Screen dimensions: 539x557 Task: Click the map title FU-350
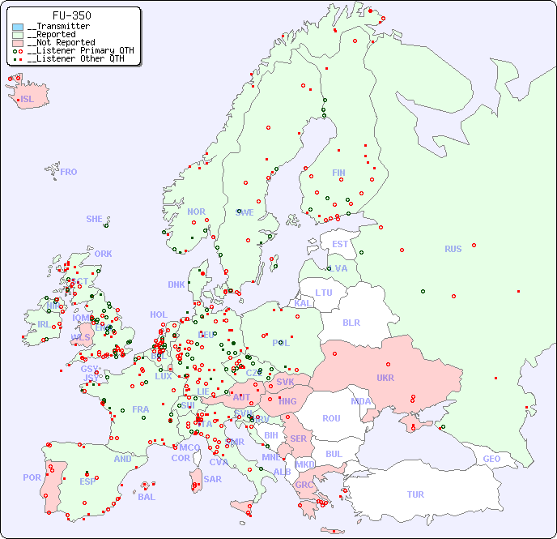71,15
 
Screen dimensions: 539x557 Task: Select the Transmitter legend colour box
18,27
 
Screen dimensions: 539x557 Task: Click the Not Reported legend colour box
18,42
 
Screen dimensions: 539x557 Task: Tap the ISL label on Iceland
28,100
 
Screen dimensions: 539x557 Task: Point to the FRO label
69,172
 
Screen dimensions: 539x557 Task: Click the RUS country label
453,249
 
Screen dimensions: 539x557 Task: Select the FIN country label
338,173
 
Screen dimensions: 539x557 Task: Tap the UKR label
385,378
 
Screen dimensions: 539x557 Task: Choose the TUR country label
415,494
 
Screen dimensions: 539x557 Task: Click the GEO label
491,459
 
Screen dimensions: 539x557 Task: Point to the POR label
32,477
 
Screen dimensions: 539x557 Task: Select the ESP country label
87,481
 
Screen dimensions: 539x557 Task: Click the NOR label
196,212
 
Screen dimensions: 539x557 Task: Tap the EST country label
340,244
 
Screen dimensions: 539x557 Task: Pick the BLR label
351,322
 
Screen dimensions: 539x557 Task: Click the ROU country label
331,418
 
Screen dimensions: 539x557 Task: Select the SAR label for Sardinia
213,479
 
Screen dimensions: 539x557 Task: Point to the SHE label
95,219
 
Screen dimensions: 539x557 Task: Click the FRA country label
141,409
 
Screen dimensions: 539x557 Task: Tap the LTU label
324,293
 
